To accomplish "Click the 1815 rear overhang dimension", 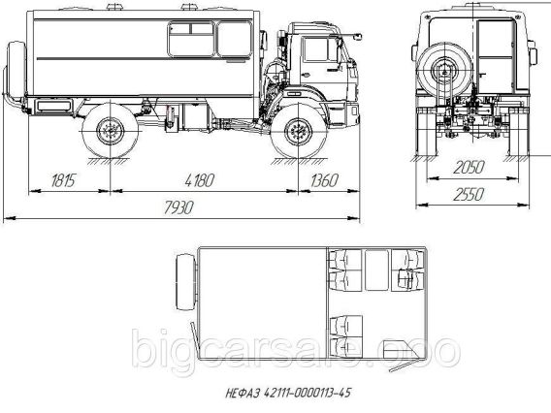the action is click(63, 180).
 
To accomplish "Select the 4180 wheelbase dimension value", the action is click(199, 180).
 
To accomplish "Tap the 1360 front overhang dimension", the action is click(324, 180).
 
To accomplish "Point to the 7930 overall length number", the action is click(178, 207).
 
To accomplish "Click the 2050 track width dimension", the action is click(469, 167).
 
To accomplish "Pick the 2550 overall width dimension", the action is click(469, 194).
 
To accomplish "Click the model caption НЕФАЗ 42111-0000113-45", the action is click(288, 393).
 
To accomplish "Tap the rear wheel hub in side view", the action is click(111, 131).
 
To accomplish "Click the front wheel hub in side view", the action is click(299, 132).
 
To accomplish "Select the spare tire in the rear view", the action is click(444, 71).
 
